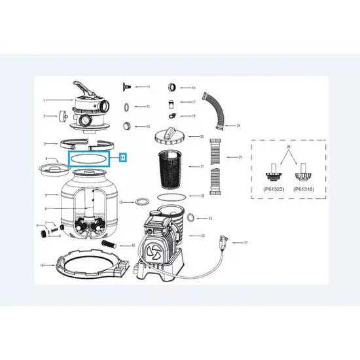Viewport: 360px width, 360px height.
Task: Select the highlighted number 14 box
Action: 122,157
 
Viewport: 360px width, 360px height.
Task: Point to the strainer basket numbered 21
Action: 171,168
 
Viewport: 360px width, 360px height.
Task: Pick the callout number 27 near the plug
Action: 245,242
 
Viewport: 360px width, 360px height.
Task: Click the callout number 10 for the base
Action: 42,265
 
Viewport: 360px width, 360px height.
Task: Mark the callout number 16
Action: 193,88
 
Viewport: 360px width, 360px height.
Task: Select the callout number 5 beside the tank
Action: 45,194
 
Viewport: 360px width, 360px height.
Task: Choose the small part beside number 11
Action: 125,86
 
